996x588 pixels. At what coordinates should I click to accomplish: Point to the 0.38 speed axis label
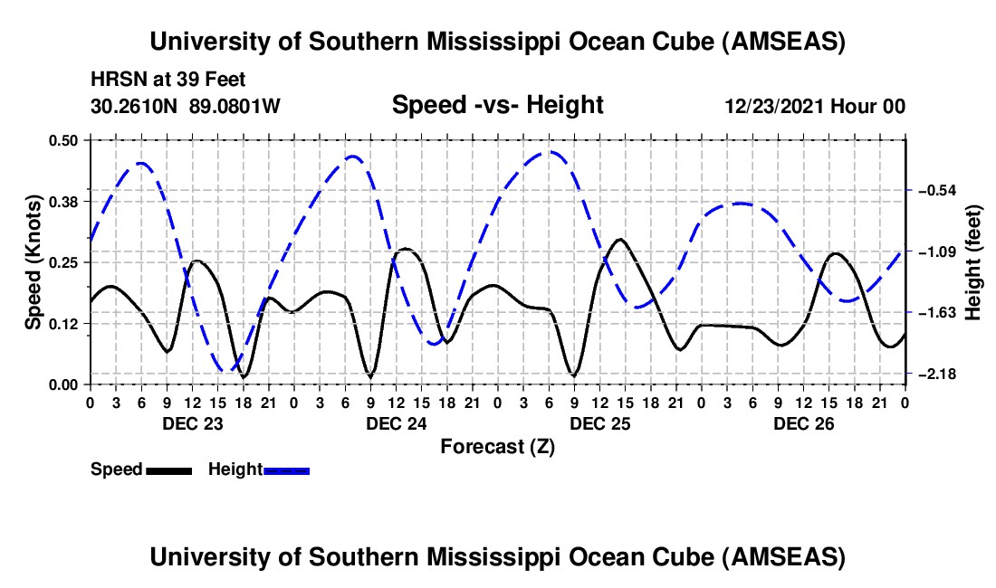click(x=66, y=201)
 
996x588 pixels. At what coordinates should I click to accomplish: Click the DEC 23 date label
click(x=193, y=423)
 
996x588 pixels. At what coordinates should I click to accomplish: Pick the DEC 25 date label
click(x=599, y=423)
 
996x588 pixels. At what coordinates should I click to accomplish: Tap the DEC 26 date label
click(x=803, y=423)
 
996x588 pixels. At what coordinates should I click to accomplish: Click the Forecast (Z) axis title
click(x=497, y=446)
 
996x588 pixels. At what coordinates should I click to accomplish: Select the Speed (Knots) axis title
click(x=33, y=261)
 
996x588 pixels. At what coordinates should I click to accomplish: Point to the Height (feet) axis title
click(x=973, y=261)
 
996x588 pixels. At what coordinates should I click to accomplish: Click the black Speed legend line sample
click(x=168, y=469)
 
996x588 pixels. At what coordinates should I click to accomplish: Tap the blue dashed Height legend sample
click(x=287, y=469)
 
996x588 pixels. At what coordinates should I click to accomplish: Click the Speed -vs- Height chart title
click(x=497, y=105)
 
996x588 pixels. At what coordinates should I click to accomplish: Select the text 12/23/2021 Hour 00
click(x=815, y=107)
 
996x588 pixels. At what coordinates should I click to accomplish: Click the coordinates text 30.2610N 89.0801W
click(x=186, y=107)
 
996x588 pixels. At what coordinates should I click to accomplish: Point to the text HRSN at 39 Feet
click(x=168, y=80)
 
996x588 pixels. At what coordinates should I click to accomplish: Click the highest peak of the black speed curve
click(x=620, y=240)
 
